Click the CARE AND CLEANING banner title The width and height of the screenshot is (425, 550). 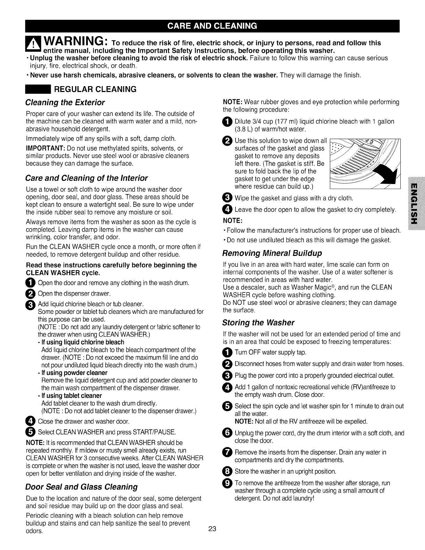[212, 26]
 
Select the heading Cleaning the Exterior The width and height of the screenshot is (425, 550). [65, 103]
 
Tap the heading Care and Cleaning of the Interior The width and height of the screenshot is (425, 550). [86, 178]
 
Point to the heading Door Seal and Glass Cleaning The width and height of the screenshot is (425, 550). [82, 487]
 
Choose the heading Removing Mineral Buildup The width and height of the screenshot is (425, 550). [272, 253]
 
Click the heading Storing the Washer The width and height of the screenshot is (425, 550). [258, 323]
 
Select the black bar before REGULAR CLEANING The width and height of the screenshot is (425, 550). [37, 89]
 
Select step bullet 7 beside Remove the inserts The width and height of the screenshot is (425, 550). [227, 453]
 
